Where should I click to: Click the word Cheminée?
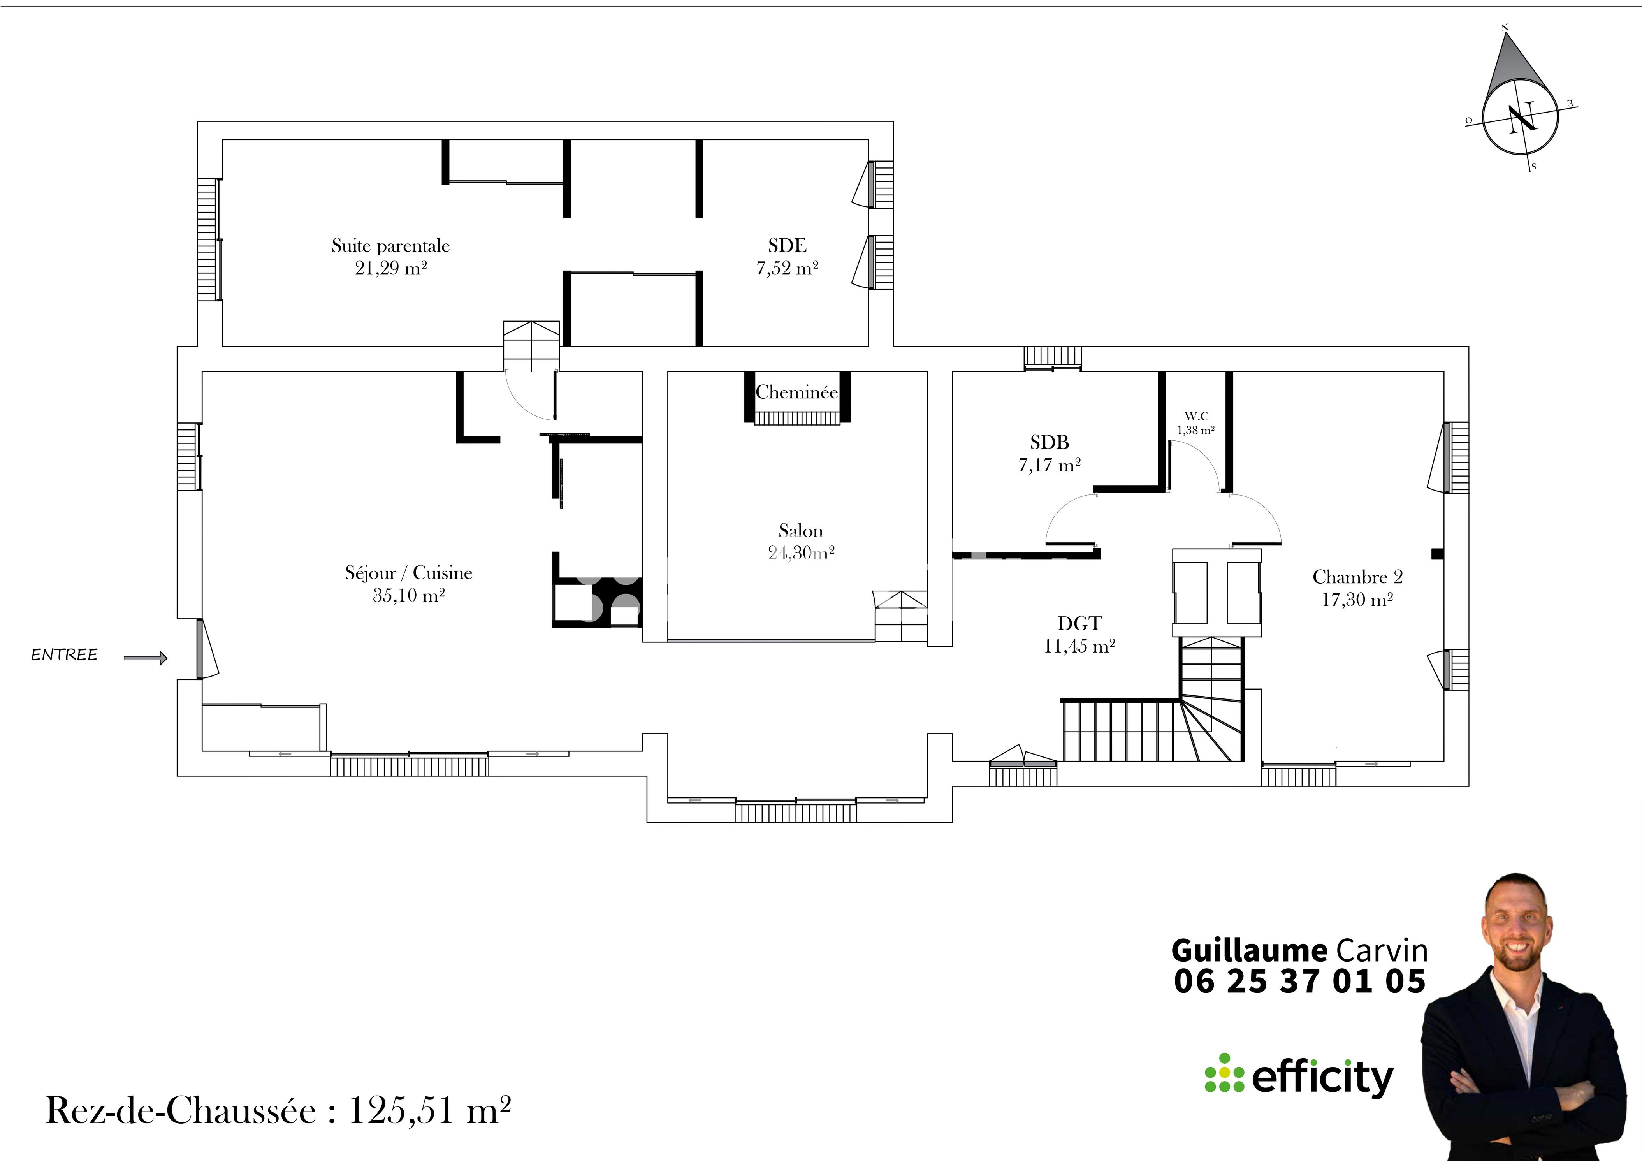pyautogui.click(x=797, y=392)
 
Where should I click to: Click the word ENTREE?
pyautogui.click(x=64, y=654)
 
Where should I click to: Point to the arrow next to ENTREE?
pyautogui.click(x=145, y=658)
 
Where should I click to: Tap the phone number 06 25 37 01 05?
pyautogui.click(x=1299, y=981)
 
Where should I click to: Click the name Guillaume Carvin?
pyautogui.click(x=1299, y=951)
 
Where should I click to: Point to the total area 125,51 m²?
pyautogui.click(x=429, y=1111)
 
